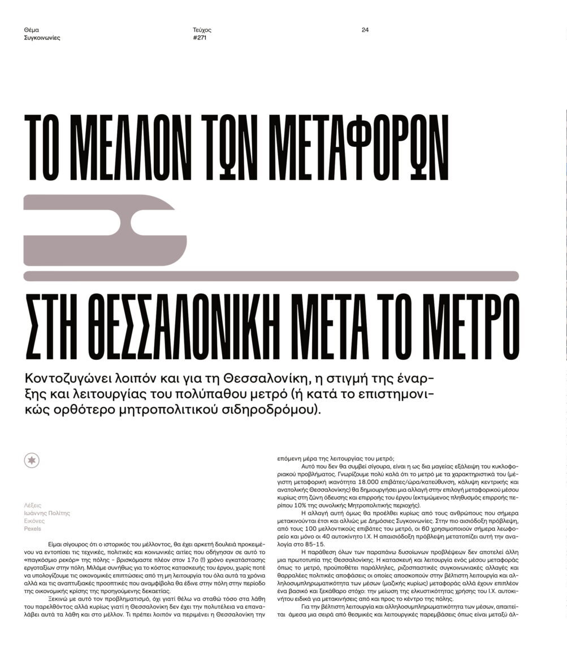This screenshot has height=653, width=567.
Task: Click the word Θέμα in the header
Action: (32, 30)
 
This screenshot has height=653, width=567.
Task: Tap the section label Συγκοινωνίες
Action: (42, 38)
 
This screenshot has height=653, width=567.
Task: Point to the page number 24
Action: (365, 30)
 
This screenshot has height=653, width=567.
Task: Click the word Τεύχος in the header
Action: (202, 30)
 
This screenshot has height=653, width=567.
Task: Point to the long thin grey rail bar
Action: (271, 276)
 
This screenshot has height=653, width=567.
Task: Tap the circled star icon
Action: (32, 461)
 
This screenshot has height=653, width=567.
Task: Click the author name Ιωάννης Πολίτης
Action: (47, 513)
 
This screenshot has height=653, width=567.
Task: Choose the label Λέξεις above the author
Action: (32, 506)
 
